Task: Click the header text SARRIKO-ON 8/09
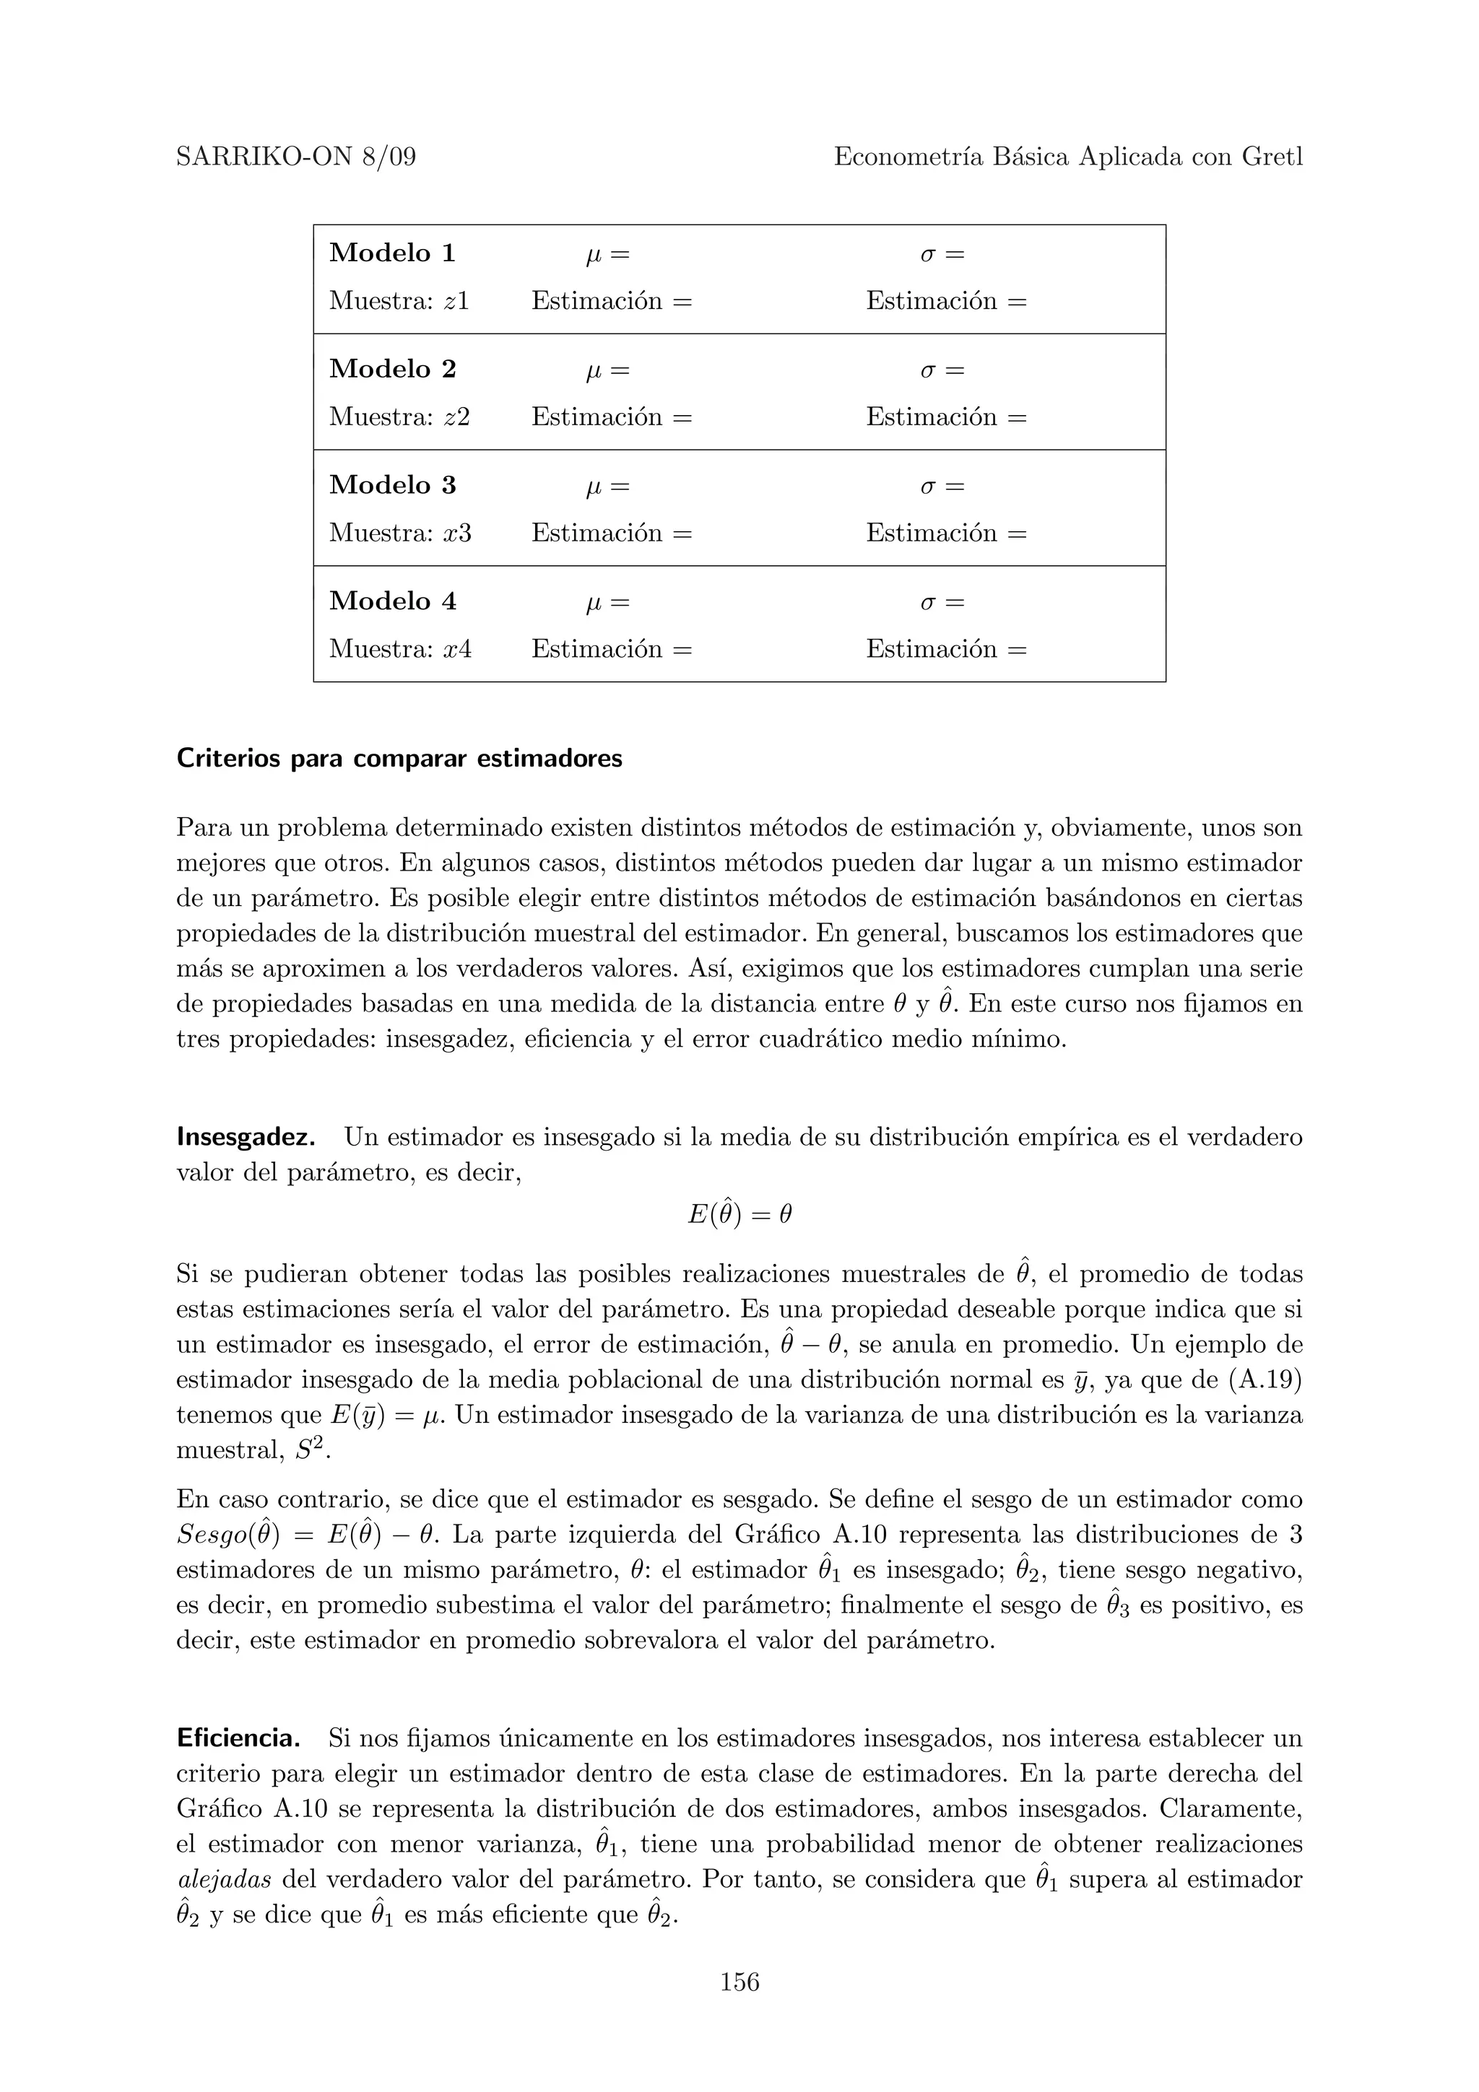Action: pos(295,157)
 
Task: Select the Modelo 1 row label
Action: pos(392,253)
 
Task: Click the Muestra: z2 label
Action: pos(399,417)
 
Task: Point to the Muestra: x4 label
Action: pos(400,650)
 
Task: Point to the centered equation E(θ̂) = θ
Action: pos(739,1215)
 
